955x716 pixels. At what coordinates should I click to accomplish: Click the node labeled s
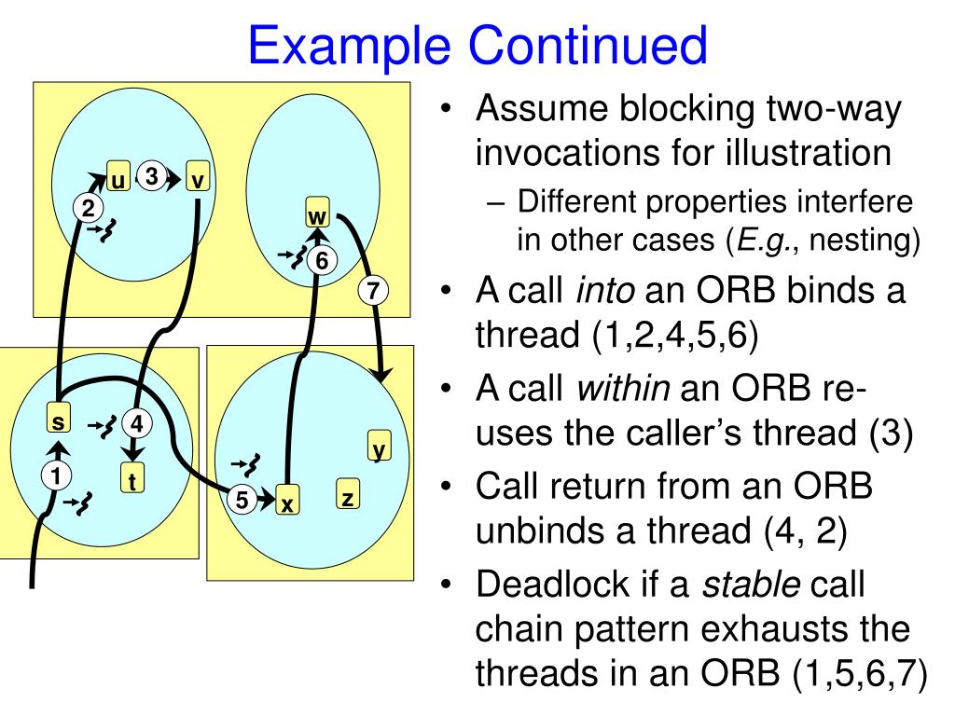point(59,421)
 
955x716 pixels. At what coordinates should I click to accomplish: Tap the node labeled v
point(197,177)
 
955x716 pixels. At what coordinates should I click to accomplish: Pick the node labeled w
point(318,214)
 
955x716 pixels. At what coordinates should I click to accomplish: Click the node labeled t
point(132,479)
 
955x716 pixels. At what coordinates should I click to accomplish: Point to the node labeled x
point(288,502)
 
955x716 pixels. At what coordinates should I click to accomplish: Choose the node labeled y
point(378,447)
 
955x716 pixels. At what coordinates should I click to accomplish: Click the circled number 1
point(56,476)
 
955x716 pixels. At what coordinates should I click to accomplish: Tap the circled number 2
point(87,208)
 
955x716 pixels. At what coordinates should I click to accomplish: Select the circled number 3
point(154,175)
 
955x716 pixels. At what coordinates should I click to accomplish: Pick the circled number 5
point(242,500)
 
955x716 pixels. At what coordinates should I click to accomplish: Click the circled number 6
point(321,260)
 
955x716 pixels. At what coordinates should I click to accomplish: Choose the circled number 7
point(372,290)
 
